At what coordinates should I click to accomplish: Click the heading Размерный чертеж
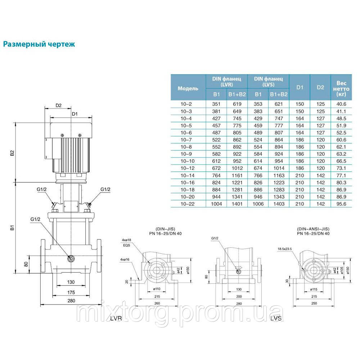[x=39, y=44]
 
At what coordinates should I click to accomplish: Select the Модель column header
[x=188, y=89]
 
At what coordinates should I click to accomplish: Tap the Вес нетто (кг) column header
[x=341, y=89]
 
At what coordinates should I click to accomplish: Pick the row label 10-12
[x=188, y=168]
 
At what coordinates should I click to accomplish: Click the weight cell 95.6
[x=341, y=204]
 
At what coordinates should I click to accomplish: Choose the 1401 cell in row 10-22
[x=237, y=204]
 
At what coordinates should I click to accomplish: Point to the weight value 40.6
[x=341, y=104]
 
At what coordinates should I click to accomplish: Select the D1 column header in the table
[x=300, y=87]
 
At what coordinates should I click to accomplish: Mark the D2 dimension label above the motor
[x=59, y=105]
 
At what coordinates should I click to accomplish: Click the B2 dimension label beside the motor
[x=12, y=153]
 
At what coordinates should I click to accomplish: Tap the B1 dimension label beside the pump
[x=12, y=228]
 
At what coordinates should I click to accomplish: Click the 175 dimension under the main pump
[x=71, y=292]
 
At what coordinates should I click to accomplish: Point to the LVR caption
[x=116, y=318]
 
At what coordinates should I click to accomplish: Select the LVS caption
[x=276, y=318]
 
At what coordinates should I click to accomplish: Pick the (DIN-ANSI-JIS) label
[x=313, y=229]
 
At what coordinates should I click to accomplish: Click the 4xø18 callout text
[x=126, y=240]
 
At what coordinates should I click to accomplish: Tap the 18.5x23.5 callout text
[x=285, y=249]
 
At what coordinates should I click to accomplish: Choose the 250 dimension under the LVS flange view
[x=314, y=303]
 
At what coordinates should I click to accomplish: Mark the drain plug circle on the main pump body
[x=71, y=259]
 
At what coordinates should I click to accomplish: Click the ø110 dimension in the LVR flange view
[x=157, y=289]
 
